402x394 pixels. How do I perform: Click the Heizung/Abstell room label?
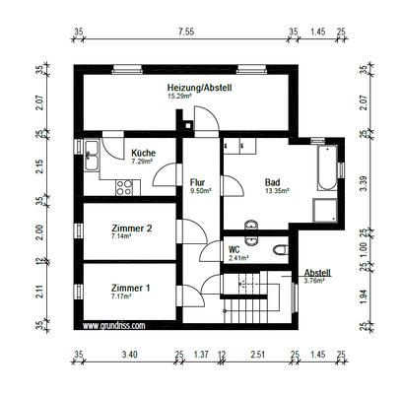point(198,88)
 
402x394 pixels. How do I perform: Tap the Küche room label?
point(144,153)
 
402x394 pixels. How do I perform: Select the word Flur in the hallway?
point(197,182)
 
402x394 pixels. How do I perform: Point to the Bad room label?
point(273,182)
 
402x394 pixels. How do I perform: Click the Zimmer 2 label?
point(130,227)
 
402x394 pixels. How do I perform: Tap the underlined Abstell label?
point(317,272)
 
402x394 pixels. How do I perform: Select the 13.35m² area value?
point(274,191)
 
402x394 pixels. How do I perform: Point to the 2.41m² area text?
point(238,258)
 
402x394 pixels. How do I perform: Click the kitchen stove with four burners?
point(125,185)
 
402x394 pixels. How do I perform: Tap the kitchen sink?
point(92,153)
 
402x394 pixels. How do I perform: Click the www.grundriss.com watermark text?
point(113,324)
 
